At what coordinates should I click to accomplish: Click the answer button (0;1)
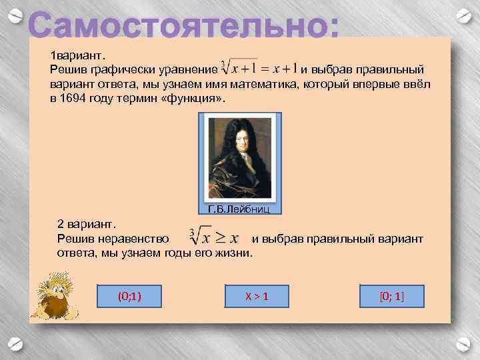(x=129, y=295)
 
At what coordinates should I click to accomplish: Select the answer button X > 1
(x=256, y=295)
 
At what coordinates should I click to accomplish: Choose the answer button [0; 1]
(x=391, y=295)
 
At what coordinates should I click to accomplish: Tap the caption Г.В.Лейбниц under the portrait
(x=239, y=209)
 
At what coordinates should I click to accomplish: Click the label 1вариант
(x=74, y=55)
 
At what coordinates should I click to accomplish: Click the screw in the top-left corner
(x=18, y=15)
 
